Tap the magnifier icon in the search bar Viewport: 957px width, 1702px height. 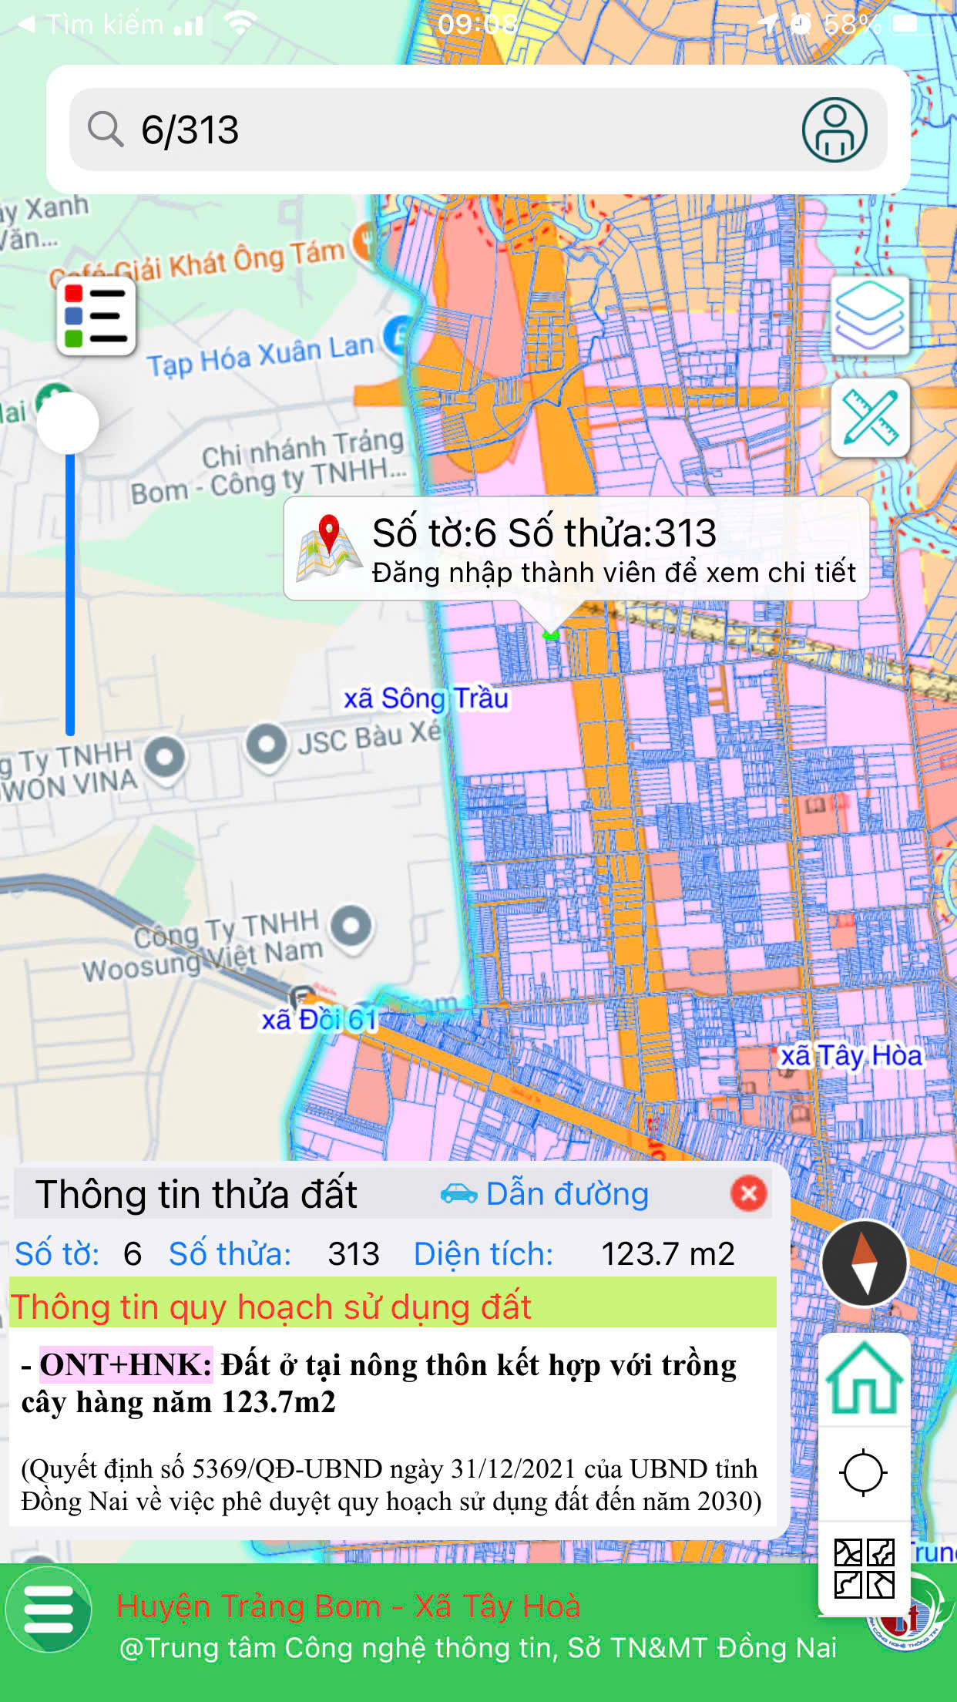(106, 129)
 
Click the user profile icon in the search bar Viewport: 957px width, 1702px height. (834, 129)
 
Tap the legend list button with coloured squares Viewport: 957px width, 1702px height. (96, 317)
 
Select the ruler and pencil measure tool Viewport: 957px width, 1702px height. (870, 418)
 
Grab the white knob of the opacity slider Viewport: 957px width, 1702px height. (69, 423)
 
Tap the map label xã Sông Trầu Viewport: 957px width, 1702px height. (425, 698)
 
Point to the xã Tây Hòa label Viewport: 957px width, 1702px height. (851, 1055)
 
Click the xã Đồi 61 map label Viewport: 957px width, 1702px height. (319, 1020)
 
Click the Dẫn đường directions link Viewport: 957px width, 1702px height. (546, 1194)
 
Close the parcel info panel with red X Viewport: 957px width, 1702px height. (748, 1193)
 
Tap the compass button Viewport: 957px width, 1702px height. (864, 1263)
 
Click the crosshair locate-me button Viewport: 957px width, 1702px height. (863, 1472)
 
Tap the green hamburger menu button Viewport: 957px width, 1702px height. (49, 1610)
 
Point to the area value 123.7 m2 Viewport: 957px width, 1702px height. (667, 1254)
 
